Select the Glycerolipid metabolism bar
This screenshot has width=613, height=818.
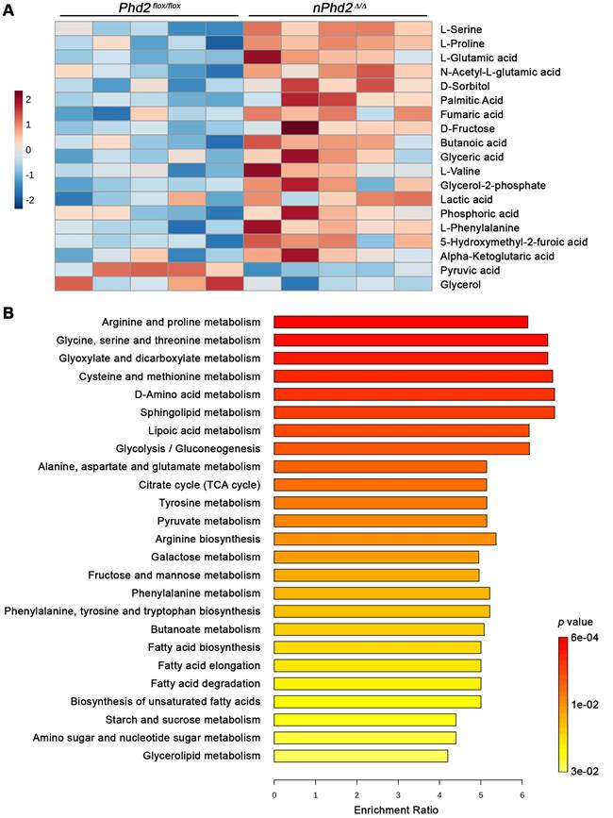360,756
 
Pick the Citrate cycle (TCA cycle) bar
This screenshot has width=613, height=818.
379,485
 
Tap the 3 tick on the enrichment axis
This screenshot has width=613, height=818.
398,794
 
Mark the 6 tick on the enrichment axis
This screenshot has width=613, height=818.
522,794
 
